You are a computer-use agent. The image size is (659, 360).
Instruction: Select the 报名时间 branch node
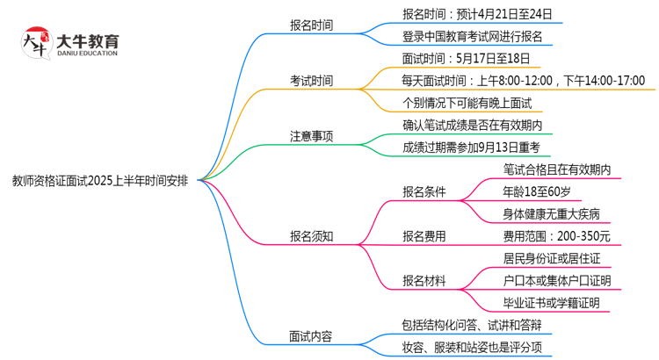(311, 25)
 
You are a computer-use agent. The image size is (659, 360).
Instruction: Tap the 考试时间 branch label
(311, 81)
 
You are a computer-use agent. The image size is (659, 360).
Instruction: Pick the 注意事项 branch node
(311, 136)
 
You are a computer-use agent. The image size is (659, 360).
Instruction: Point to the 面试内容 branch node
(311, 335)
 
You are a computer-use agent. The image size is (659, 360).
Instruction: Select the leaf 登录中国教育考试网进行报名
(472, 37)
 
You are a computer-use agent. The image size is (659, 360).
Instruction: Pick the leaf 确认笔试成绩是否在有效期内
(472, 126)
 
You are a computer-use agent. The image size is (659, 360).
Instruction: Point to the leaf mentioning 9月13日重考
(471, 148)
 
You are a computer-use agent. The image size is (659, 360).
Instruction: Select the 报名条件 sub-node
(424, 191)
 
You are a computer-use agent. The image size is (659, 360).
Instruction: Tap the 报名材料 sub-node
(424, 280)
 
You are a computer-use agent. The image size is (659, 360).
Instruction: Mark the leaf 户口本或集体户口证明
(556, 280)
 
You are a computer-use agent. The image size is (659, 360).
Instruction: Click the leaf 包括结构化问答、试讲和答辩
(472, 325)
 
